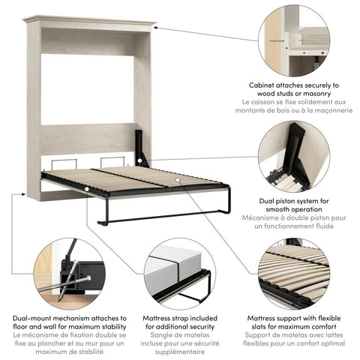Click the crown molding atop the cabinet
coord(88,20)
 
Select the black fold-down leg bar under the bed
coord(157,219)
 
